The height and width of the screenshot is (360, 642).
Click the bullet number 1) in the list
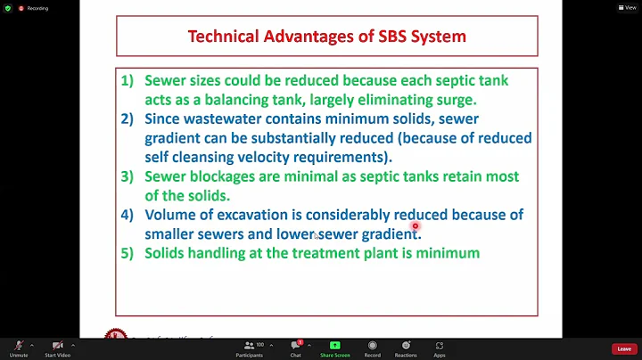[x=128, y=80]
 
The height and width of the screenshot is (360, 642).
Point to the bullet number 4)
[x=128, y=215]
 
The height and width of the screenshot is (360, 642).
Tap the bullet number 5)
[x=128, y=253]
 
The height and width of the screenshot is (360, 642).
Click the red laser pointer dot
[x=416, y=226]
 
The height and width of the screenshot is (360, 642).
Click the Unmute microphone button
[x=18, y=348]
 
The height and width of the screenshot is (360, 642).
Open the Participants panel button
[x=250, y=348]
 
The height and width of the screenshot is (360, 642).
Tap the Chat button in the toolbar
[x=295, y=348]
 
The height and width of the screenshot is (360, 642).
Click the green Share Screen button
[x=334, y=348]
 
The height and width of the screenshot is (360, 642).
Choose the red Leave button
[x=623, y=348]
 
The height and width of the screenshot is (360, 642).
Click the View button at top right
[x=630, y=7]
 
